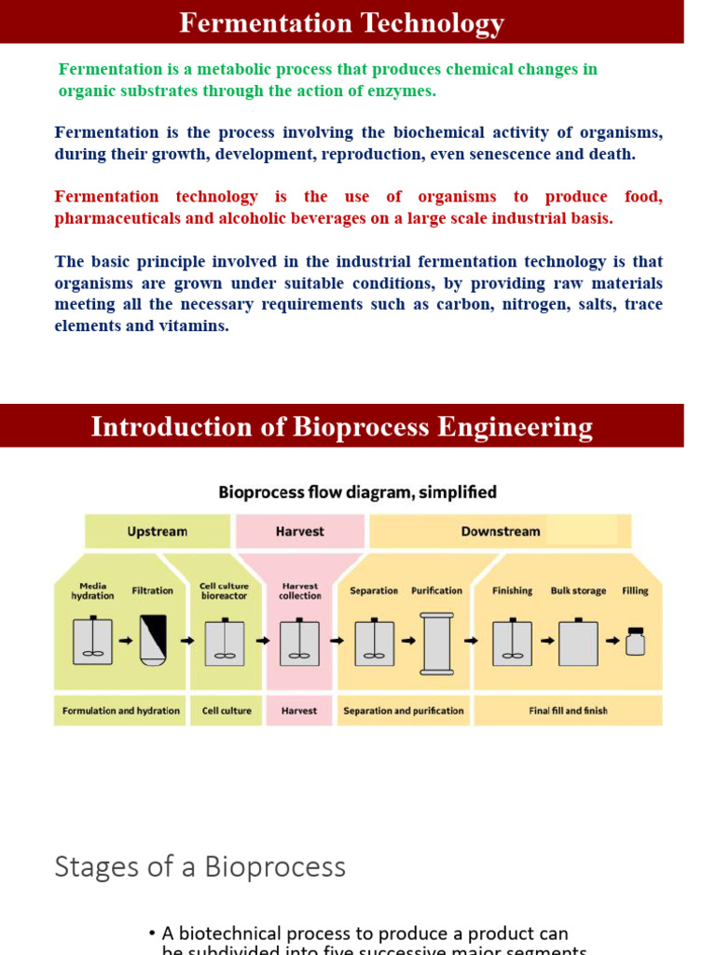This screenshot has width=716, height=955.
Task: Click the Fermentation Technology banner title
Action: [x=341, y=23]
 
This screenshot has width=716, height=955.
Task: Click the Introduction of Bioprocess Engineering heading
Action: [x=341, y=427]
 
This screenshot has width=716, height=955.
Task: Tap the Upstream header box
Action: [x=157, y=532]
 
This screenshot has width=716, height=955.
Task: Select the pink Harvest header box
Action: [x=300, y=532]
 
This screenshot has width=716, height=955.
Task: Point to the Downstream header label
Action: [x=500, y=532]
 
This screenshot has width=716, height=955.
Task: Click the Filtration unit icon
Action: [x=153, y=641]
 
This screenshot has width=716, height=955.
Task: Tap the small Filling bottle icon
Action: [x=635, y=641]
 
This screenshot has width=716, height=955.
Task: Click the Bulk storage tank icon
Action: [x=578, y=642]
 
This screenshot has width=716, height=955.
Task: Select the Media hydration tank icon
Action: [x=92, y=642]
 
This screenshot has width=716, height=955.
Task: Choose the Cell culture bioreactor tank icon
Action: [x=225, y=642]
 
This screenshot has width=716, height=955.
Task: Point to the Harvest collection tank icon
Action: [x=299, y=642]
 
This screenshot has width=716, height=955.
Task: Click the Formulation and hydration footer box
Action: [x=121, y=711]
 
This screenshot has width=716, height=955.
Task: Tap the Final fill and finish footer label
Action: [x=568, y=711]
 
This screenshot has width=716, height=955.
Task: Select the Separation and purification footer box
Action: [x=403, y=711]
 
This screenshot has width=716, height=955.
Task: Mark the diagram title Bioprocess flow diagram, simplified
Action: [x=357, y=491]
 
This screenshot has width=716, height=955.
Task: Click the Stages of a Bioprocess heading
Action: [x=200, y=866]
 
